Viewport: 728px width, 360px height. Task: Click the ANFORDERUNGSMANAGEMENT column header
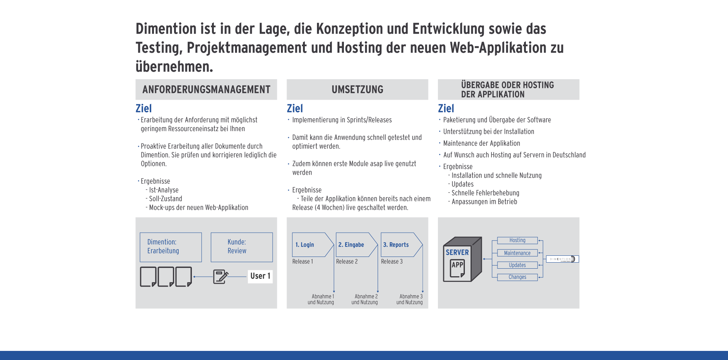(206, 89)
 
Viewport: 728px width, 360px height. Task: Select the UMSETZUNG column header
(358, 89)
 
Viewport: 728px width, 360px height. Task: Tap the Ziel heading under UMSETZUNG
(295, 108)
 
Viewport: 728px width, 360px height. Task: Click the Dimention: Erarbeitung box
(171, 247)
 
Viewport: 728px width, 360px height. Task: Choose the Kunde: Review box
(242, 247)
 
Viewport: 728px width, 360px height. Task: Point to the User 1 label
(260, 276)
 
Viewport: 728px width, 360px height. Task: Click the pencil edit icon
(221, 277)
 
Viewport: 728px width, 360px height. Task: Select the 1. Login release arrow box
(313, 245)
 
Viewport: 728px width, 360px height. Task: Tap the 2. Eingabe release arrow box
(357, 245)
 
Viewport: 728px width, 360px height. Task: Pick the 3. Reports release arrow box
(402, 245)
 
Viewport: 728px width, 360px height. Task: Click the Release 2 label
(347, 261)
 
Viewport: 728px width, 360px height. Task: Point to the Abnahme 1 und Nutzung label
(321, 299)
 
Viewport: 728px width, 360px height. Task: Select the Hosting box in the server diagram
(518, 240)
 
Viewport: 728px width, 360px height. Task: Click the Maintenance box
(518, 253)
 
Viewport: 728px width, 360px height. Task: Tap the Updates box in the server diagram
(518, 265)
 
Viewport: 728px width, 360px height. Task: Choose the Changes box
(518, 277)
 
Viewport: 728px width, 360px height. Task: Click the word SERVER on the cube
(457, 252)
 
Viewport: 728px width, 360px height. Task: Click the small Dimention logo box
(562, 259)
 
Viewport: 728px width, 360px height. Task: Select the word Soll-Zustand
(166, 199)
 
